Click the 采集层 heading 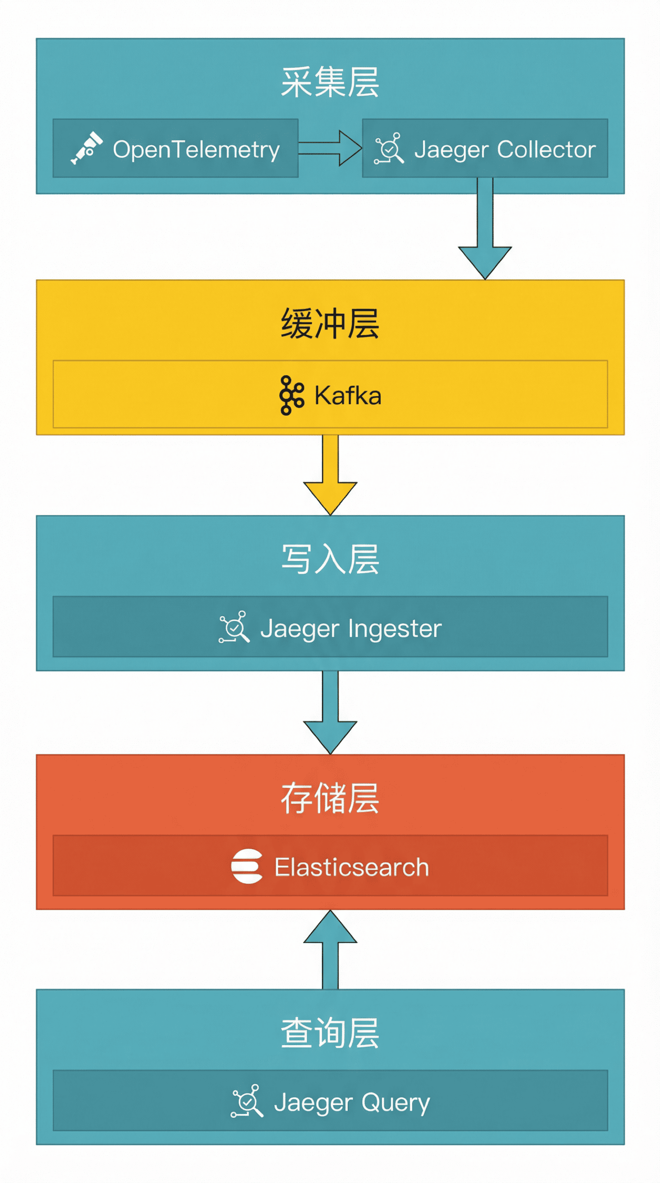[330, 82]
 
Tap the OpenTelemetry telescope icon [86, 148]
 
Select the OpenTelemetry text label [196, 150]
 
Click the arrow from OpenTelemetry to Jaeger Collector [330, 148]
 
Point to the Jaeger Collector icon [389, 148]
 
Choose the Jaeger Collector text [504, 150]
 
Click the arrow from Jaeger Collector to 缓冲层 [485, 230]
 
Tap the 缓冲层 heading [330, 324]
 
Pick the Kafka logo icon [292, 395]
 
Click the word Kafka [347, 396]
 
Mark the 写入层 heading [330, 559]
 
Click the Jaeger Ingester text [351, 628]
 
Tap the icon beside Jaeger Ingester [234, 627]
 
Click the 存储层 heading [330, 799]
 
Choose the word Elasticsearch [351, 867]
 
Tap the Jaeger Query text [351, 1103]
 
